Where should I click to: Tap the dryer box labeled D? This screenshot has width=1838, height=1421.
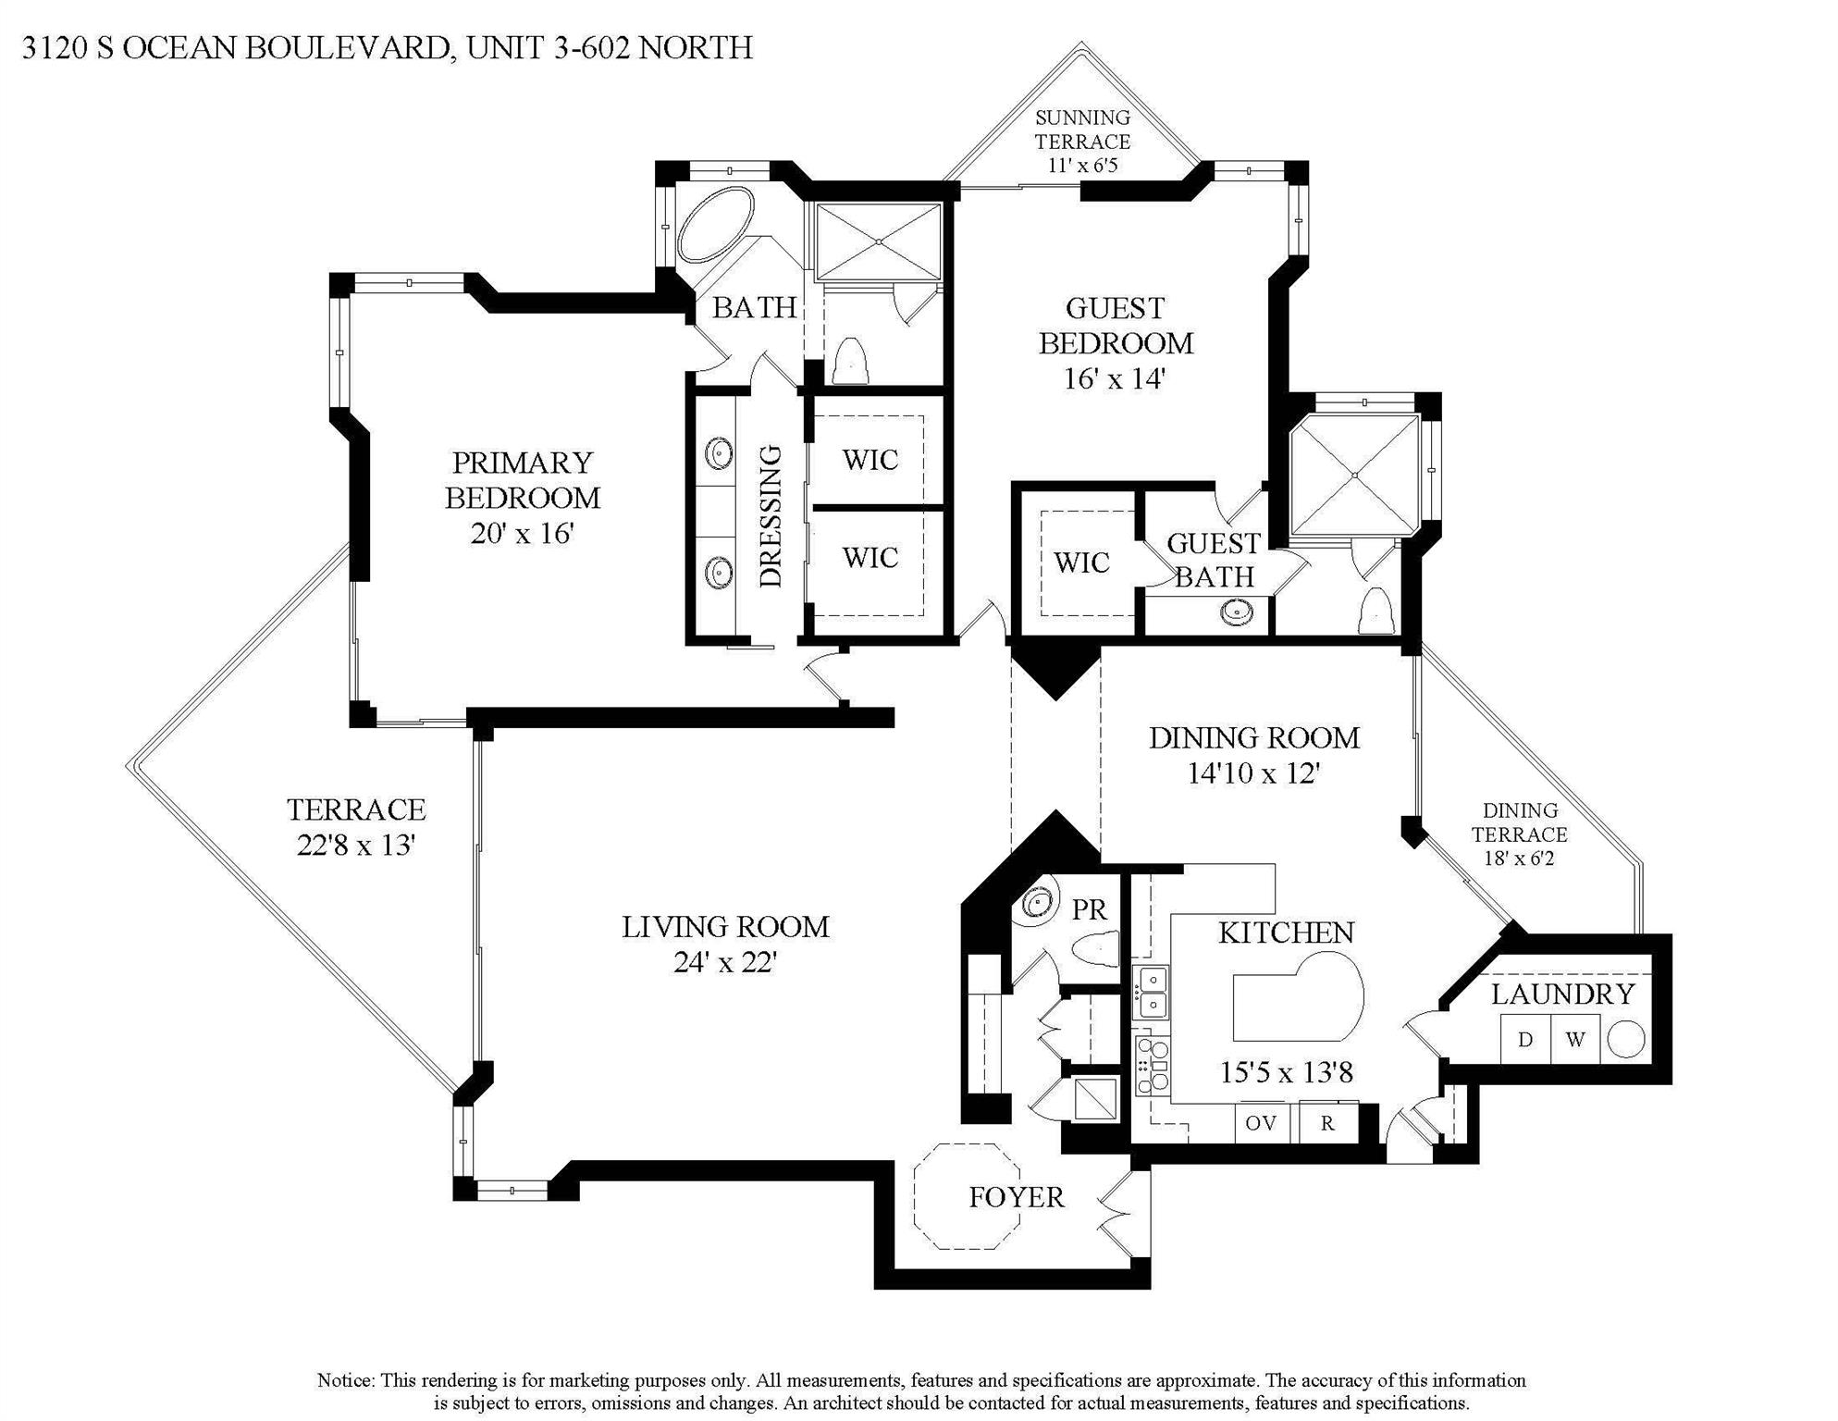tap(1524, 1039)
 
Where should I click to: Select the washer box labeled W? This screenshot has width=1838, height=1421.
tap(1575, 1039)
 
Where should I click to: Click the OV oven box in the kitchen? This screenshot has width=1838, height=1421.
tap(1261, 1123)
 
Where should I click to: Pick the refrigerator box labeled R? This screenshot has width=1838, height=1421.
tap(1327, 1123)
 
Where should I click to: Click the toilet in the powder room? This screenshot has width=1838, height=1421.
tap(1098, 948)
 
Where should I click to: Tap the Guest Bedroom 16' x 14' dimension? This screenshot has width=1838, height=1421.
tap(1114, 378)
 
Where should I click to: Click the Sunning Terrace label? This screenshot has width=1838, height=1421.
tap(1082, 130)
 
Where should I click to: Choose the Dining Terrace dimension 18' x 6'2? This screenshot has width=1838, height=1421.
tap(1519, 859)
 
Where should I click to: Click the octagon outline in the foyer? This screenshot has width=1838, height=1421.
tap(968, 1196)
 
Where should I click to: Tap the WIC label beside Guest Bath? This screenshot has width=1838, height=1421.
tap(1081, 562)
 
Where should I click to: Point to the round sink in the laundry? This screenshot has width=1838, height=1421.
tap(1626, 1039)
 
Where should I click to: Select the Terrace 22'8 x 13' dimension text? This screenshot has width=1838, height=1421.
tap(355, 846)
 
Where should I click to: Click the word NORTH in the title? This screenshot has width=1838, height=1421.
tap(696, 47)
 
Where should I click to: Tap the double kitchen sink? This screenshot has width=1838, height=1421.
tap(1152, 991)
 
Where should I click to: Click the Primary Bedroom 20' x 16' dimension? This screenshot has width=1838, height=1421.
tap(523, 534)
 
